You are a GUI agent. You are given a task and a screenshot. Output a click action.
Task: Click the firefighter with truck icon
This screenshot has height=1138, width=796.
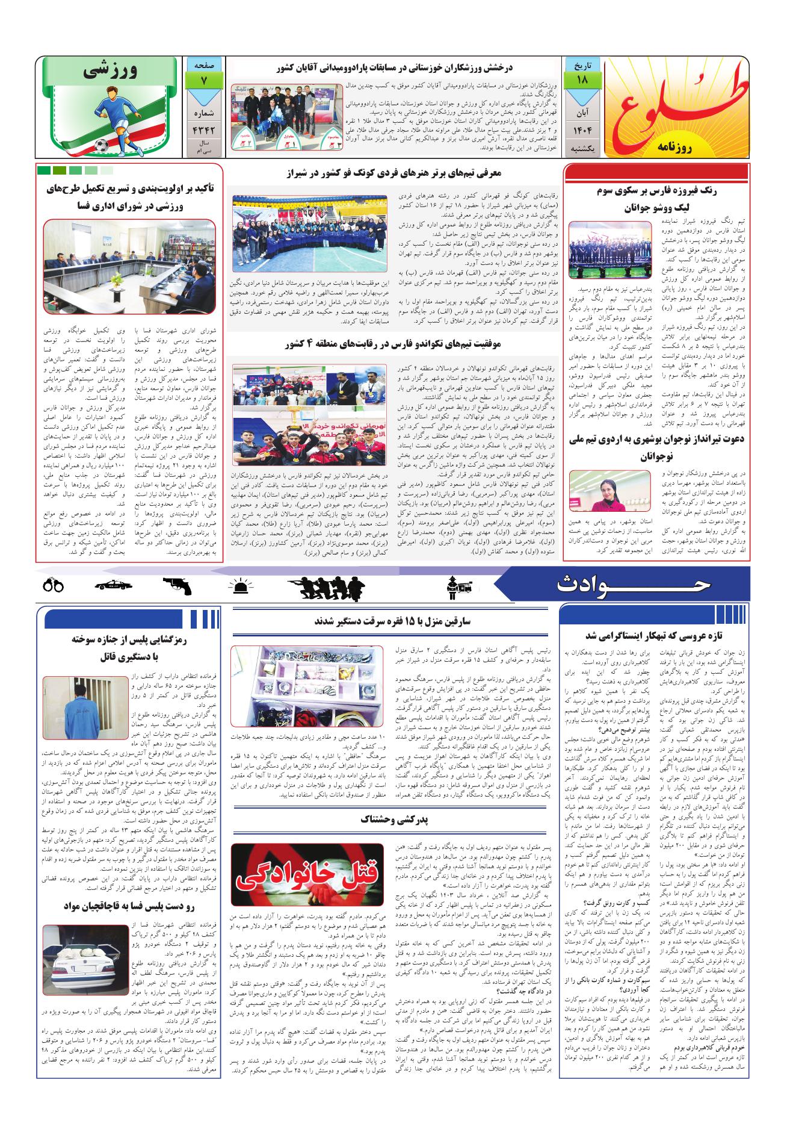457,584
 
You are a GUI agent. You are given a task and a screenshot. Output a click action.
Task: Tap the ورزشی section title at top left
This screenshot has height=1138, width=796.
113,71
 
